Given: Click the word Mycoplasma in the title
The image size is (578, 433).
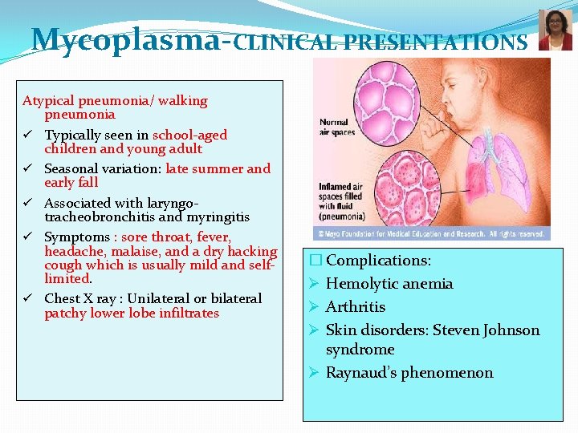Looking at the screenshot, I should [124, 39].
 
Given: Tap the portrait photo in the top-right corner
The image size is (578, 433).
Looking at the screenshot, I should [555, 30].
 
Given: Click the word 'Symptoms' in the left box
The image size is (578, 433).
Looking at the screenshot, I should [76, 237].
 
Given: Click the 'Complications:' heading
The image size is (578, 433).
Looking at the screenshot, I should [378, 261].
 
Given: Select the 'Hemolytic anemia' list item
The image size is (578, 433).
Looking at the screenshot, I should [389, 284].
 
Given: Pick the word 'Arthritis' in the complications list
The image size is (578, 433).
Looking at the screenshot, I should [356, 307].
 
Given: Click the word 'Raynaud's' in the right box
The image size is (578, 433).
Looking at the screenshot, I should [360, 373].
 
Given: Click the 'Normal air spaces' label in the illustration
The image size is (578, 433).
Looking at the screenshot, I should [336, 127].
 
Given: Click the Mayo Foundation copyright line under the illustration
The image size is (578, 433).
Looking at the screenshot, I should [431, 234].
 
